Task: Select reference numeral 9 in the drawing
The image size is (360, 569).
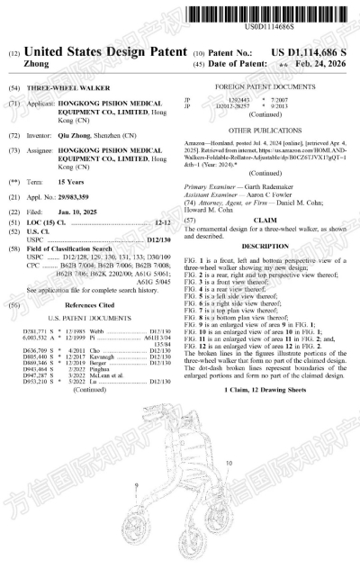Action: tap(137, 485)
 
